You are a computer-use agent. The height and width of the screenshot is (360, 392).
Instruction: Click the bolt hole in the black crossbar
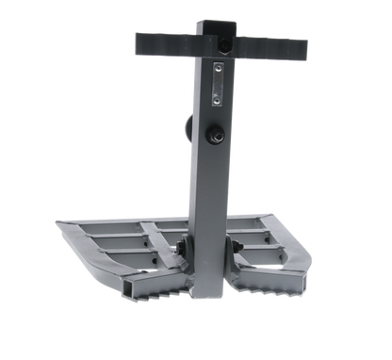coord(225,45)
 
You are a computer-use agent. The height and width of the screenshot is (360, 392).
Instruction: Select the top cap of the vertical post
coord(214,21)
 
